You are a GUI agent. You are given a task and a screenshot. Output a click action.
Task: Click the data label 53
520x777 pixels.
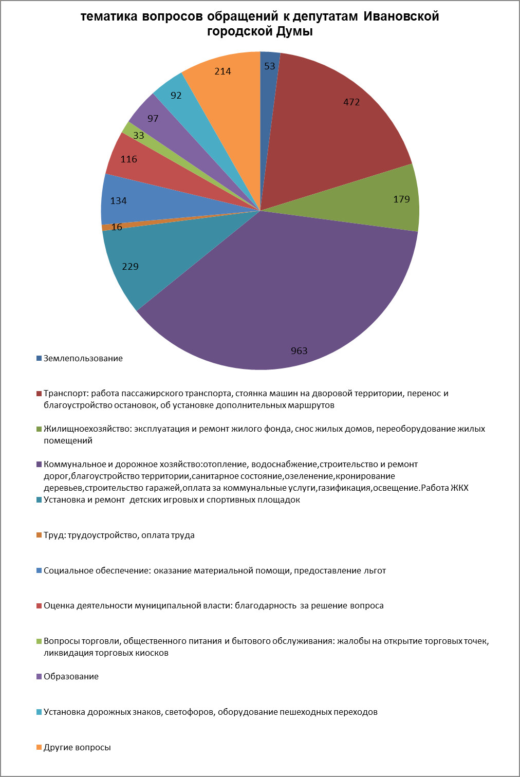[x=270, y=66]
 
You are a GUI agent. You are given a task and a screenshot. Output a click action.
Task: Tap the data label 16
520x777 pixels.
[x=117, y=227]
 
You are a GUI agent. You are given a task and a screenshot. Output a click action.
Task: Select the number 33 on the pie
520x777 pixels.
[x=138, y=135]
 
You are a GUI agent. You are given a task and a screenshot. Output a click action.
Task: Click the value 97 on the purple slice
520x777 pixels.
[x=153, y=119]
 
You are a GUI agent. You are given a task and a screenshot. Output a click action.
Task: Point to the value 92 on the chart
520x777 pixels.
[x=176, y=96]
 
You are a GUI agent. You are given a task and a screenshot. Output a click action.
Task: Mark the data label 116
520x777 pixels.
[x=128, y=159]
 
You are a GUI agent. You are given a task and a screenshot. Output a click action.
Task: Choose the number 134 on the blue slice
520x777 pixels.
[x=118, y=201]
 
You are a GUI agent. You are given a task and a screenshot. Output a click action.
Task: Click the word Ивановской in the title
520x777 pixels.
[x=401, y=16]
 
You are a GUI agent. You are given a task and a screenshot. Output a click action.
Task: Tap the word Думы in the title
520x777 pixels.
[x=294, y=31]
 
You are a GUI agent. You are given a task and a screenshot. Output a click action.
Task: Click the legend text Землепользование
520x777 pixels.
[x=83, y=358]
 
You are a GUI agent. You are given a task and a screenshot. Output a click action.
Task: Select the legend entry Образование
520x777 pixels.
[x=71, y=676]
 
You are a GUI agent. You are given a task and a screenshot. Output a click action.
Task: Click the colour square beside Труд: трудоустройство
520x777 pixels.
[x=39, y=535]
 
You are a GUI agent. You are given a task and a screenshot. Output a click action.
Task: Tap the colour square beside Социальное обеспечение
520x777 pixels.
[x=39, y=570]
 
